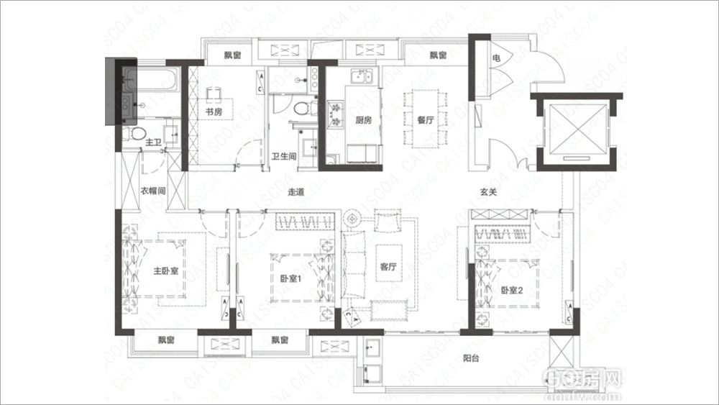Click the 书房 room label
click(213, 112)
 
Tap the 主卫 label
click(153, 144)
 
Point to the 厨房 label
click(362, 120)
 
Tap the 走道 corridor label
click(296, 192)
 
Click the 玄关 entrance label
click(489, 192)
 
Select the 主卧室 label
click(165, 272)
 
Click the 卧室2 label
click(513, 290)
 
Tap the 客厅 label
click(388, 267)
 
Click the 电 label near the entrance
click(496, 56)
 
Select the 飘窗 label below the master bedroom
click(166, 340)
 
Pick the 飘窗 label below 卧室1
click(280, 340)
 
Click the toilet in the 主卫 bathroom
click(136, 134)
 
